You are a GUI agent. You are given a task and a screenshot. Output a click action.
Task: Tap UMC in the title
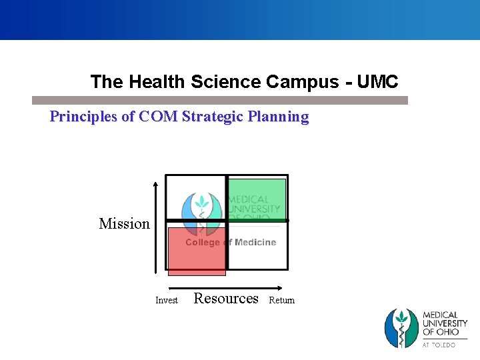(377, 82)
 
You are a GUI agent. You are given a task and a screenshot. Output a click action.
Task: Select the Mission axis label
(124, 224)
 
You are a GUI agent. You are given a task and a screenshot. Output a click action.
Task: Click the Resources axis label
(226, 299)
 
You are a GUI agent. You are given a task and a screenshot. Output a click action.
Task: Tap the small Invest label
(167, 301)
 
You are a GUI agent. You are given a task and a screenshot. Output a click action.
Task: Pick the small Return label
(281, 301)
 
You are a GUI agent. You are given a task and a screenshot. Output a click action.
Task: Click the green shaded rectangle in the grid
(257, 199)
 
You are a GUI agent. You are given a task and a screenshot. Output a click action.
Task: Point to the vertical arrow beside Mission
(155, 227)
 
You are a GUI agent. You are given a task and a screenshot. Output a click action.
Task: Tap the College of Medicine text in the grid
(231, 243)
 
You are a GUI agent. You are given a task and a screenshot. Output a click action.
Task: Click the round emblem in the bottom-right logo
(401, 328)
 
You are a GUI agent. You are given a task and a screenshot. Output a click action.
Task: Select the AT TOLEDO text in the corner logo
(439, 345)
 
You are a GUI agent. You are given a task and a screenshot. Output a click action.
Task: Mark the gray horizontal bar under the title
(220, 100)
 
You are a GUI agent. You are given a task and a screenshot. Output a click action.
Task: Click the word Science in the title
(226, 82)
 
